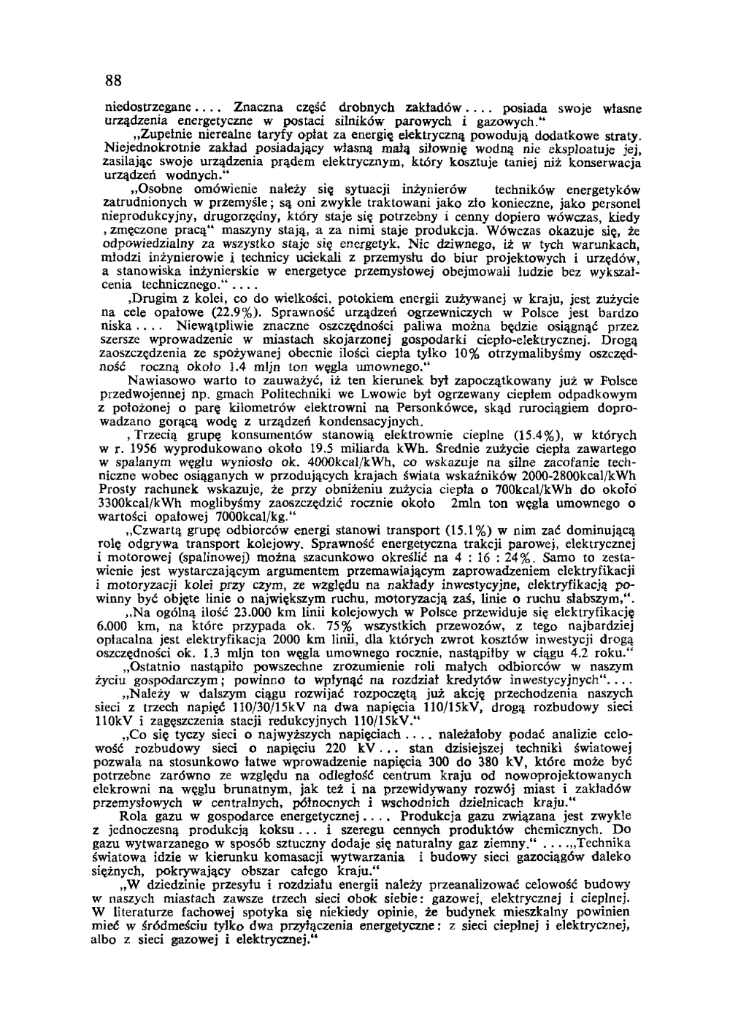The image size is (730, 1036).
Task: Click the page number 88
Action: (112, 79)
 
